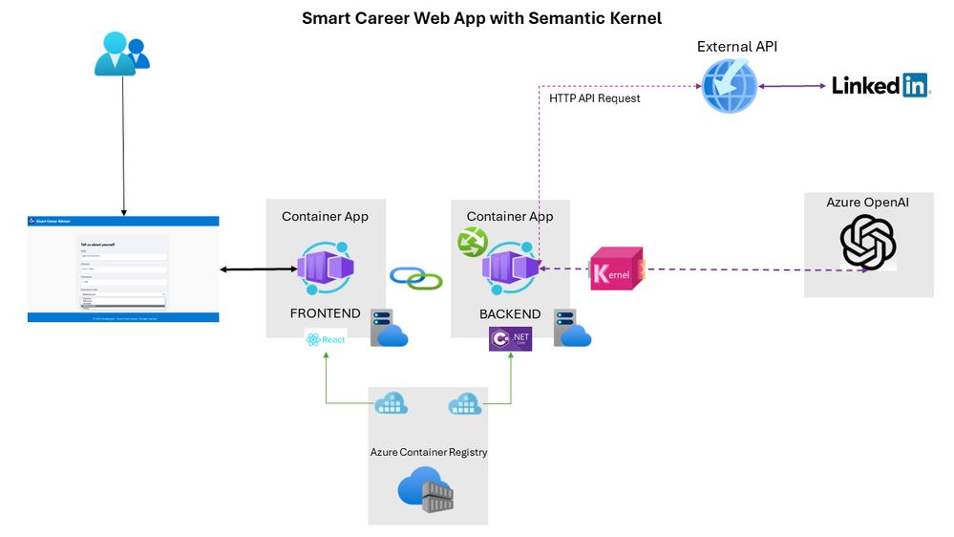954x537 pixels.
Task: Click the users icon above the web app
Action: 122,54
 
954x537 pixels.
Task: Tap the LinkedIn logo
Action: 880,85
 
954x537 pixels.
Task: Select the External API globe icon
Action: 730,87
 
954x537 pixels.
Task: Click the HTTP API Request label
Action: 595,97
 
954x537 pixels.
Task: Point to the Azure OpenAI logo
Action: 868,243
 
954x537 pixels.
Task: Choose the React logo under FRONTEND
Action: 326,339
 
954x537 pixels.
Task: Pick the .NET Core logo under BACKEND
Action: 510,338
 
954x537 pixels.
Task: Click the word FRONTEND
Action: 326,313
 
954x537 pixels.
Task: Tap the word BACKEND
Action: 510,313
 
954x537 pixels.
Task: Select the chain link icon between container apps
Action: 416,278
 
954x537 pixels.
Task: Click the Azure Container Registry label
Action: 429,452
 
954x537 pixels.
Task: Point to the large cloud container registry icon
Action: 426,489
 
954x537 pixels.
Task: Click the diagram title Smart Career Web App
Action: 481,18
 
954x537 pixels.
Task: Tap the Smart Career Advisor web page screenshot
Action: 123,269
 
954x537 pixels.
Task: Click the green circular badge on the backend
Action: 473,244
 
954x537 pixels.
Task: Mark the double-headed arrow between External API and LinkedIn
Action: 793,87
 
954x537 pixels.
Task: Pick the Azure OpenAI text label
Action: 868,202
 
